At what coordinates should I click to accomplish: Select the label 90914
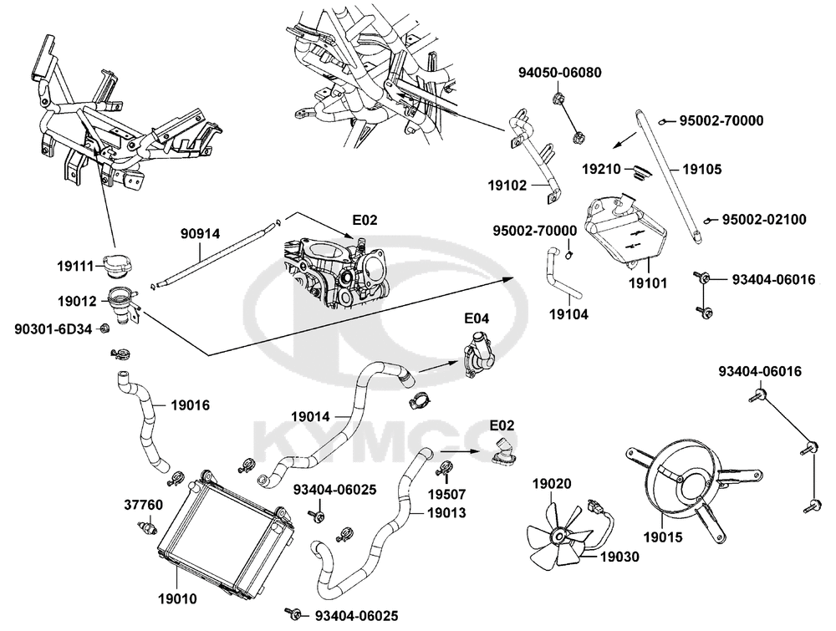201,235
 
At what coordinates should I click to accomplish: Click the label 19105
702,169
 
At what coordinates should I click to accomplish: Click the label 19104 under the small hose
568,315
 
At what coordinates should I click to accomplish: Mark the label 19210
603,168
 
